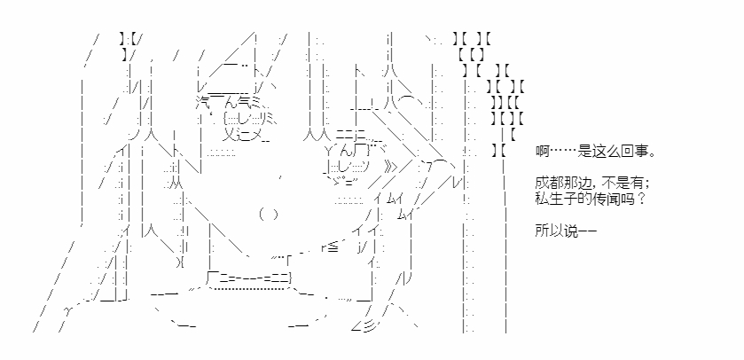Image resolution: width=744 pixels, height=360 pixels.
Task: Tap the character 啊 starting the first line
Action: point(543,152)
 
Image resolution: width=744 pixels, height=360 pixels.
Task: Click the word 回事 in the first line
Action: point(634,152)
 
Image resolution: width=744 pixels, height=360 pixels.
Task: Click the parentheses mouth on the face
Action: point(269,215)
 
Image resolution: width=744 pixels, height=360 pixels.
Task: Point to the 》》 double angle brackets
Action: point(390,167)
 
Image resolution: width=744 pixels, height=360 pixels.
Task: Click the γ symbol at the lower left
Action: point(67,310)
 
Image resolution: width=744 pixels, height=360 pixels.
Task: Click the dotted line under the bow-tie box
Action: point(252,288)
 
